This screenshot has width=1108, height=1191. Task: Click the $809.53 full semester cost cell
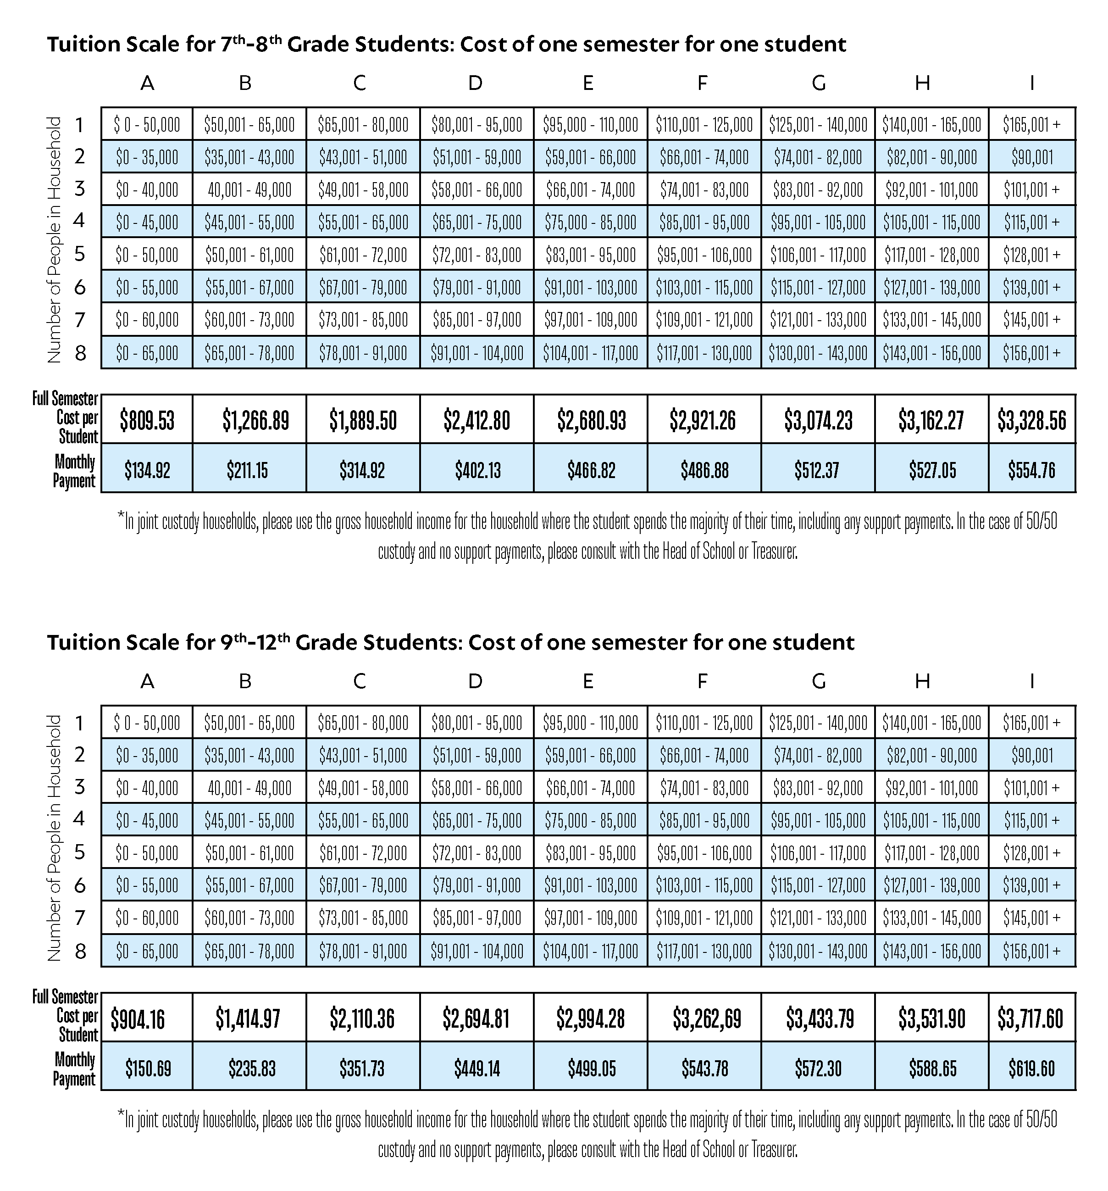[x=147, y=420]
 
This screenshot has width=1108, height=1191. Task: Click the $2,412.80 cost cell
[x=477, y=420]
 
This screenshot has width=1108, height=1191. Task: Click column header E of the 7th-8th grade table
[x=588, y=83]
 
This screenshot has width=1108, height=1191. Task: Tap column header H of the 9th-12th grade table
[x=922, y=680]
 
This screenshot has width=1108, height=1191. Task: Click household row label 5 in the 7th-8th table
[x=80, y=254]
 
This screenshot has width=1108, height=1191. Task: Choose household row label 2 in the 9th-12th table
[x=80, y=754]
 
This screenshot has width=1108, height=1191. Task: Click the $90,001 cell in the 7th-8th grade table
[x=1032, y=157]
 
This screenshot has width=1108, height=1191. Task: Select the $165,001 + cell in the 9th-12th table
[x=1032, y=723]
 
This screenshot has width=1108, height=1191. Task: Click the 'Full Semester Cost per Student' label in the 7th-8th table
[x=66, y=417]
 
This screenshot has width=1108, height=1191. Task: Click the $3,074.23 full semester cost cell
[x=818, y=420]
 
